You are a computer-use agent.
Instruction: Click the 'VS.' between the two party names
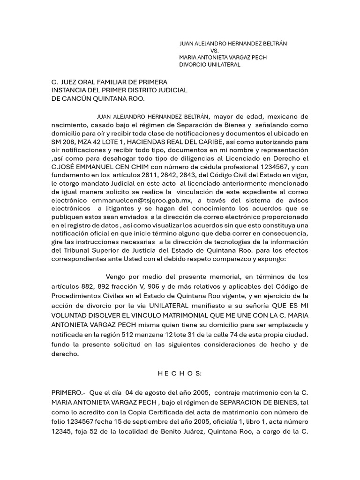[x=215, y=50]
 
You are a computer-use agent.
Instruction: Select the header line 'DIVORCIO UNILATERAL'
[x=210, y=65]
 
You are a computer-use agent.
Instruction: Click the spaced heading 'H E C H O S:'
[x=180, y=374]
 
